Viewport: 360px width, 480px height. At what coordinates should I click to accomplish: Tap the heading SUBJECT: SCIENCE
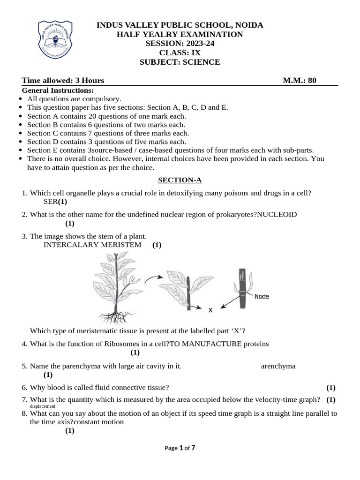[x=180, y=62]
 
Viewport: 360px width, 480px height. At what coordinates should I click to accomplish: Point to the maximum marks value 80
[x=312, y=81]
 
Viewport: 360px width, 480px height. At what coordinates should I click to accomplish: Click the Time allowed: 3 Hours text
[x=63, y=81]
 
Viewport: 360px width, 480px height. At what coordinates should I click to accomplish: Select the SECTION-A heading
[x=180, y=180]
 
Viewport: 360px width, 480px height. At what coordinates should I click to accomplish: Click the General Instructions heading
[x=58, y=90]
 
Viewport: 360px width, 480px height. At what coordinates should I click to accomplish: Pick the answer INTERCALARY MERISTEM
[x=92, y=245]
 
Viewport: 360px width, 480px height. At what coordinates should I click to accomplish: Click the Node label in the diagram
[x=262, y=296]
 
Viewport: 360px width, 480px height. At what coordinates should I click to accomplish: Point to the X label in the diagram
[x=210, y=309]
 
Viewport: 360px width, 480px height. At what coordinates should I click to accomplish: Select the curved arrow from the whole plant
[x=150, y=279]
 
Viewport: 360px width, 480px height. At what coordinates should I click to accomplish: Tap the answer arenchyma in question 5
[x=278, y=366]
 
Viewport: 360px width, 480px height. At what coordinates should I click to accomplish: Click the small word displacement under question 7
[x=43, y=406]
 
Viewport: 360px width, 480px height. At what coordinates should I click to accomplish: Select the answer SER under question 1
[x=50, y=202]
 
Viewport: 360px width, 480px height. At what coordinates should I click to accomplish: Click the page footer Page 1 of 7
[x=180, y=448]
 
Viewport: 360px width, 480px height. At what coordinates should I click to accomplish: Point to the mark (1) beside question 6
[x=331, y=387]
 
